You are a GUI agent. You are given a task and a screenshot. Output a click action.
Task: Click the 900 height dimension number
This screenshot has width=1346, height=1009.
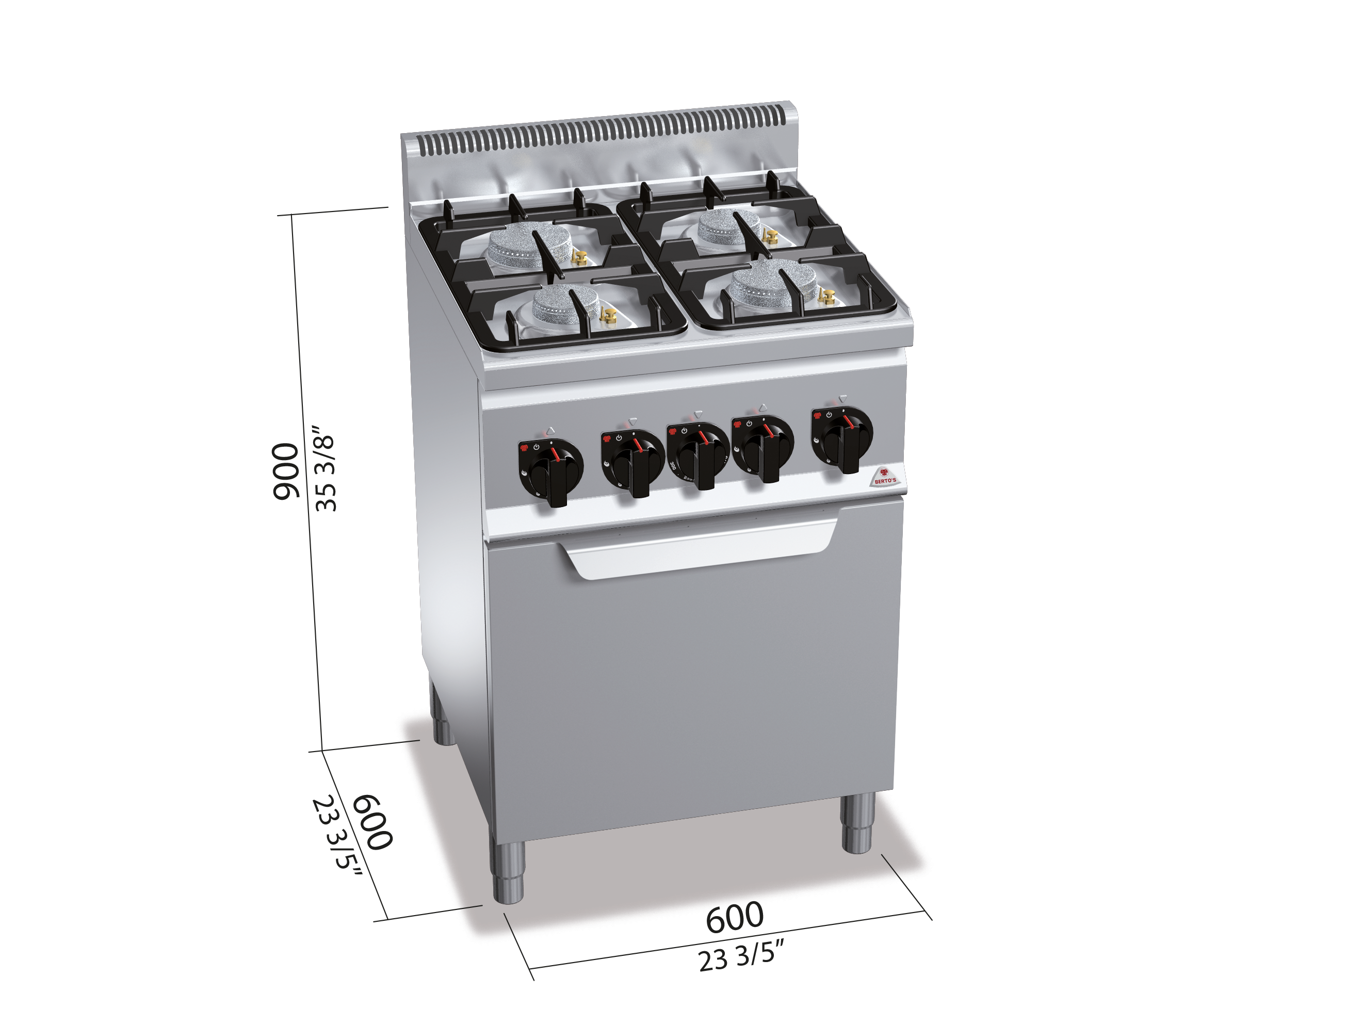[x=285, y=471]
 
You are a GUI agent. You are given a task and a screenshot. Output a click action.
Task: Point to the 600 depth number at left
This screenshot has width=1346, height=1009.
[x=372, y=822]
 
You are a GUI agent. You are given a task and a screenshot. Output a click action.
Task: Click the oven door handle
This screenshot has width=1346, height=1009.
[x=700, y=551]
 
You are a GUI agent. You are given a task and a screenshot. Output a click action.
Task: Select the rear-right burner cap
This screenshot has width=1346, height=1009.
[x=729, y=223]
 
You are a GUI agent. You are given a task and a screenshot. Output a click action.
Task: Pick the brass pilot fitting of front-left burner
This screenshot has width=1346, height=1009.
[x=608, y=316]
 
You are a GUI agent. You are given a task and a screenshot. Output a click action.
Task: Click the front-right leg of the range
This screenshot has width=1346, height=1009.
[x=857, y=822]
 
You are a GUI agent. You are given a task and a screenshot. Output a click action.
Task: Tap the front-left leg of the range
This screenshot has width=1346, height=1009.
[x=508, y=870]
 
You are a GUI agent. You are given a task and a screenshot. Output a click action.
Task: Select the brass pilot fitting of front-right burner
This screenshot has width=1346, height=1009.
[x=826, y=297]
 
